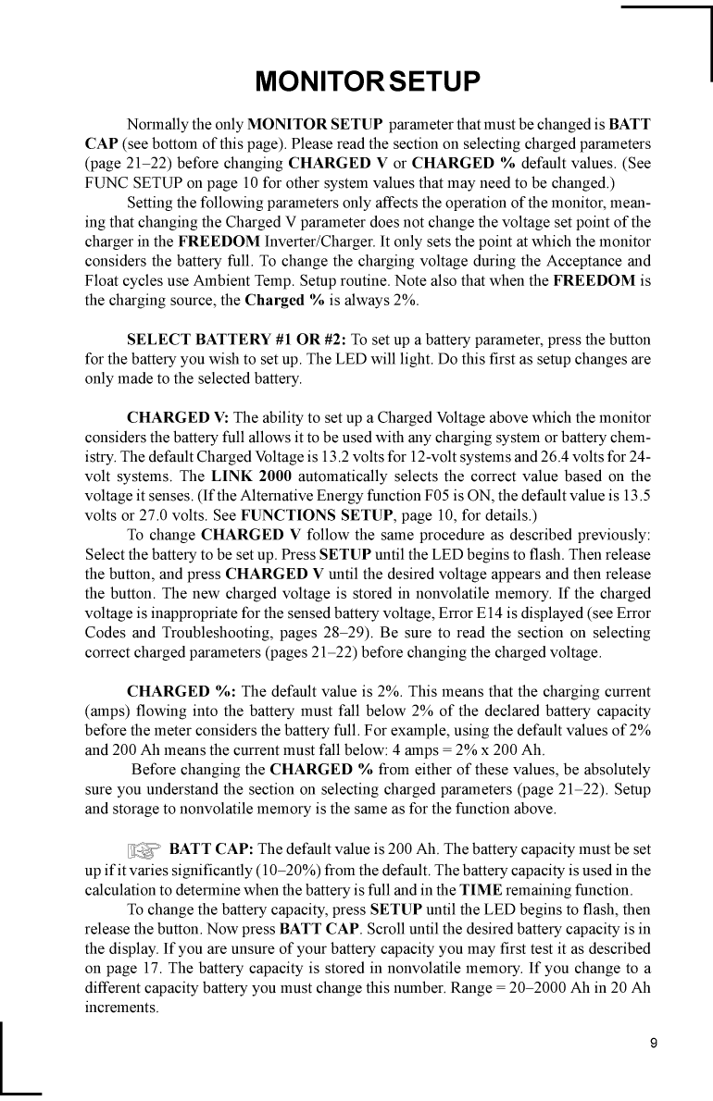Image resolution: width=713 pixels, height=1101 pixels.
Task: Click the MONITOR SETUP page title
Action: coord(368,82)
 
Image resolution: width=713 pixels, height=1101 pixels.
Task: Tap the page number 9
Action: coord(654,1044)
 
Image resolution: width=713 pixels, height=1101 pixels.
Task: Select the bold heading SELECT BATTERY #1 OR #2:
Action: coord(236,339)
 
